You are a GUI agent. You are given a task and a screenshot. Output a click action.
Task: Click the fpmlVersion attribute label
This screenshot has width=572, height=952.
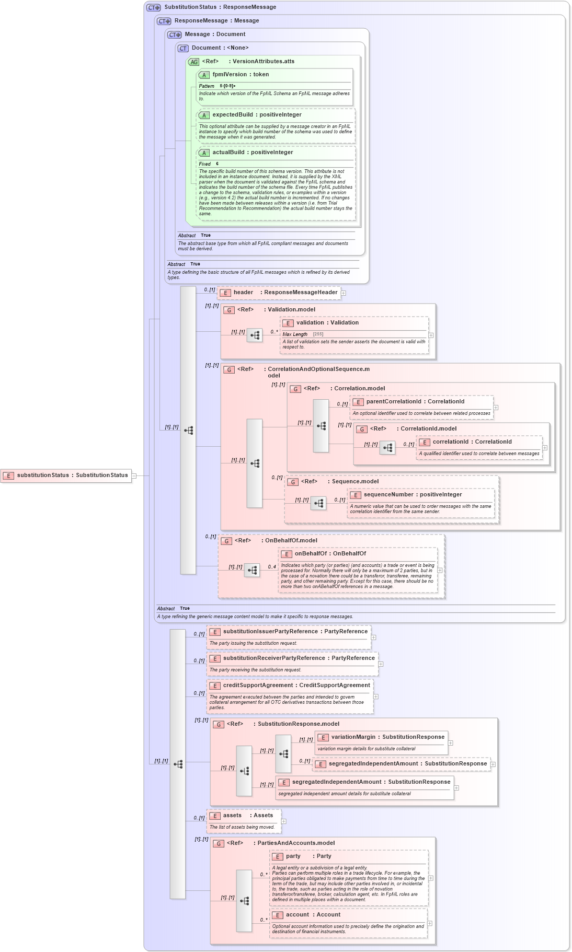(x=241, y=75)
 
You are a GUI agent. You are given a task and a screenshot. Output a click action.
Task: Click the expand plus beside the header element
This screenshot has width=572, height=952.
(x=344, y=293)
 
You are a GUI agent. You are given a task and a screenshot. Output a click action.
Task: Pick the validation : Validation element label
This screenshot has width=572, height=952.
(x=327, y=323)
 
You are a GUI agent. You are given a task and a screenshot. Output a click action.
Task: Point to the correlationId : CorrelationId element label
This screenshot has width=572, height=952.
(x=472, y=442)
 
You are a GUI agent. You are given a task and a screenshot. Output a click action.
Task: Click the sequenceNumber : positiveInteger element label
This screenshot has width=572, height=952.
(x=413, y=495)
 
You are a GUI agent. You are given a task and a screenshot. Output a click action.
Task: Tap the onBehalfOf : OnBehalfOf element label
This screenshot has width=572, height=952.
(x=330, y=554)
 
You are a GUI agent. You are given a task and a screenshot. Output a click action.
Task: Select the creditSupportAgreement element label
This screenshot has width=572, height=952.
(x=296, y=686)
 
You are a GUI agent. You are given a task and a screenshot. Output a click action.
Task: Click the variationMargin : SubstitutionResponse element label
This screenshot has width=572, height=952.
(x=387, y=737)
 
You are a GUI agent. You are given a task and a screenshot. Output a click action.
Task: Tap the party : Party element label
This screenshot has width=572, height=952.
(x=308, y=856)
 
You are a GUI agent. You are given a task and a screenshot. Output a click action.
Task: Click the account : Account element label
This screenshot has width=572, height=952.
(x=313, y=915)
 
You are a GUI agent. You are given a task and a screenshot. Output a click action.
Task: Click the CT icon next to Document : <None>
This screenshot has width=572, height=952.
(x=183, y=49)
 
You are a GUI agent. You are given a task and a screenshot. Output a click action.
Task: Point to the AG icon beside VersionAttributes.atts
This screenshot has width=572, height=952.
(x=194, y=62)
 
